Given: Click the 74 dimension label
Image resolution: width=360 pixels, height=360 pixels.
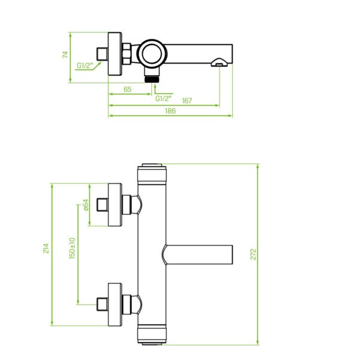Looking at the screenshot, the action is (x=65, y=55).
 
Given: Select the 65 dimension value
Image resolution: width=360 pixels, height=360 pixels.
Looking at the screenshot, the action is (x=127, y=89).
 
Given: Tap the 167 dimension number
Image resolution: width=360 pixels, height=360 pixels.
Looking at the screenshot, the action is (x=187, y=101).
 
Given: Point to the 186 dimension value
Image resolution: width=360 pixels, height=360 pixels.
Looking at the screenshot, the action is (x=170, y=111).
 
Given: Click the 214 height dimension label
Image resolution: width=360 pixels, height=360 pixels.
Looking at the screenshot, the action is (x=46, y=248).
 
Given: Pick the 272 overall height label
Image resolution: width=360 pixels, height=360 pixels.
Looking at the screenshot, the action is (x=253, y=254).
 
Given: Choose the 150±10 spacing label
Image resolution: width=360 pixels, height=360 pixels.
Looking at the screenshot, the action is (x=72, y=248).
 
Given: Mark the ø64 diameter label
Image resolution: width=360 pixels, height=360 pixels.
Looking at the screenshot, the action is (x=86, y=205).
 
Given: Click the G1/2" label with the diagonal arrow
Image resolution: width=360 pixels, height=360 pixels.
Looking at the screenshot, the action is (x=85, y=65).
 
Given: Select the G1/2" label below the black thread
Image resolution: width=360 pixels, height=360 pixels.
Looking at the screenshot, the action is (x=163, y=99).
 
